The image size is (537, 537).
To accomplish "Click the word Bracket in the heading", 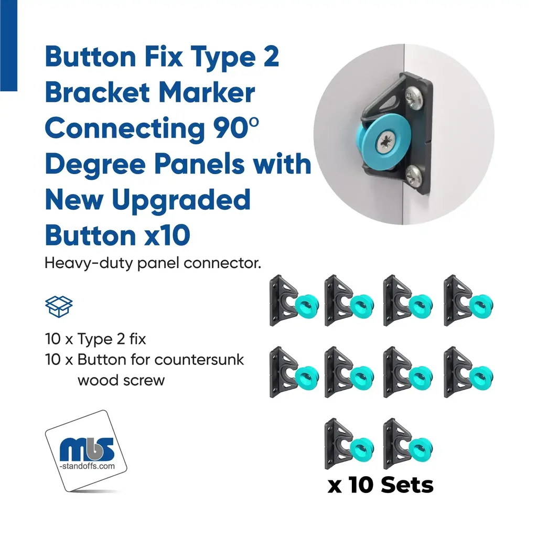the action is (x=98, y=92).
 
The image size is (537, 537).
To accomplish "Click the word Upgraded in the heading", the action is (x=181, y=200).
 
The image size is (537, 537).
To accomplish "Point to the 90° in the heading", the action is (x=236, y=128).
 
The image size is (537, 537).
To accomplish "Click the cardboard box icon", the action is (x=59, y=306).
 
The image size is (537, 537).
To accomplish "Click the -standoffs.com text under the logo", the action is (x=87, y=466).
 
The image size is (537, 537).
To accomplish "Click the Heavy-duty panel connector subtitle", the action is (x=153, y=263).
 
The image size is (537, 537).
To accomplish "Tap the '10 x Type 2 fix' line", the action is (x=95, y=339).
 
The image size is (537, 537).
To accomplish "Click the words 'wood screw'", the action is (x=121, y=381).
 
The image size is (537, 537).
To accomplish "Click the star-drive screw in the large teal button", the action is (x=386, y=143).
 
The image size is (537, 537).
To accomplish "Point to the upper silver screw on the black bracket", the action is (x=414, y=98).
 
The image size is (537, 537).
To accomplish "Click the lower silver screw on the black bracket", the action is (x=414, y=176).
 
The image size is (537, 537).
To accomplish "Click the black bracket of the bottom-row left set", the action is (x=336, y=444).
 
